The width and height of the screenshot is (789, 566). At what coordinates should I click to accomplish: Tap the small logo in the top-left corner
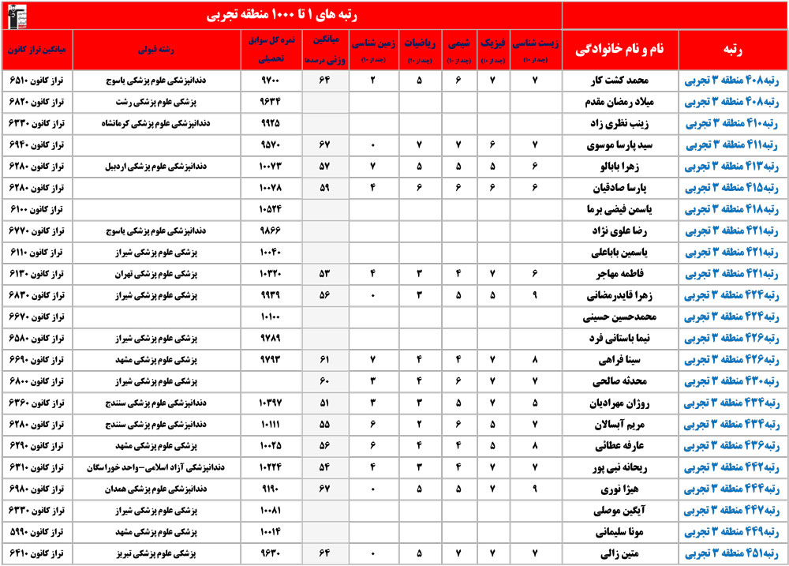pyautogui.click(x=17, y=14)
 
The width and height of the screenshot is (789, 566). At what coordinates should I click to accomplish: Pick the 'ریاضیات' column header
pyautogui.click(x=418, y=49)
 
